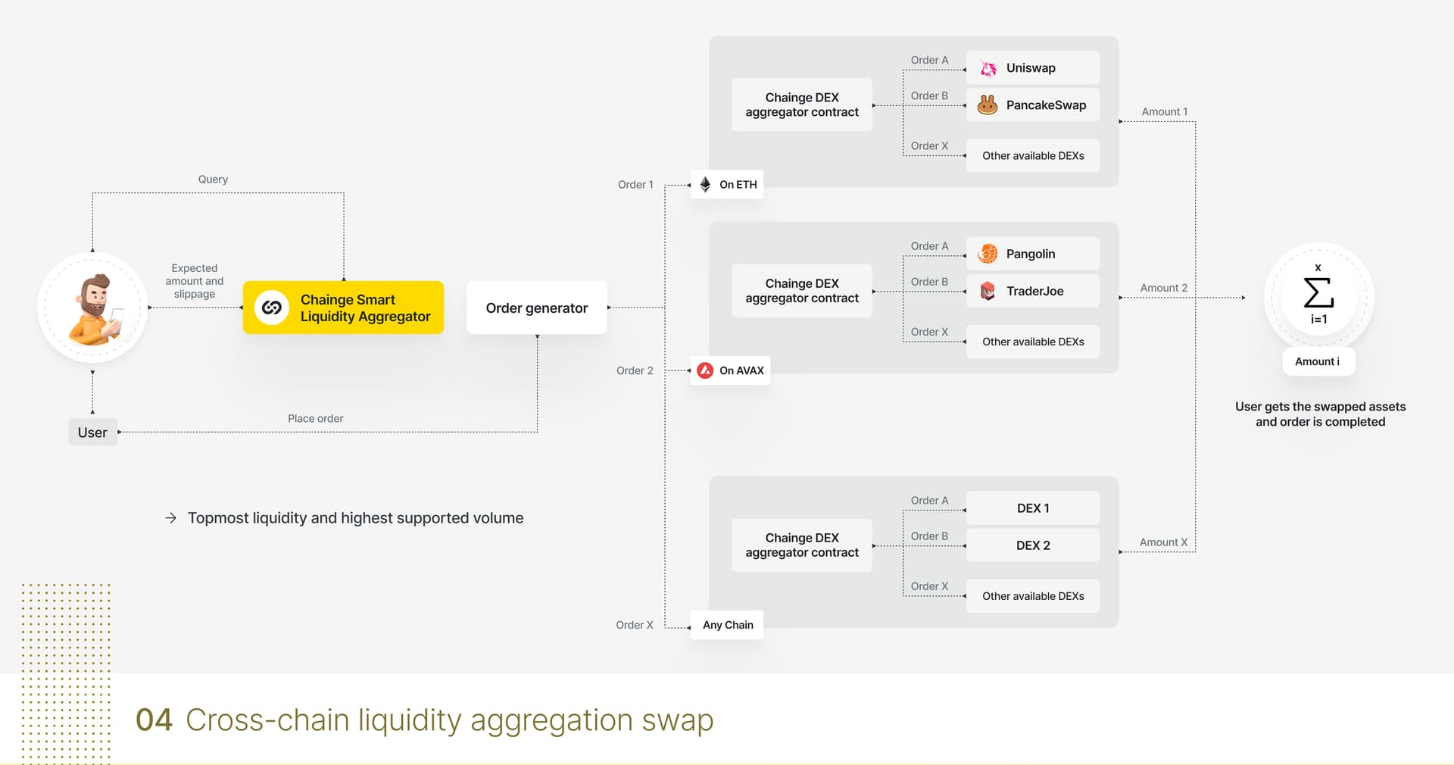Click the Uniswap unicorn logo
pos(988,68)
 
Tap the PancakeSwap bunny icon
pos(988,105)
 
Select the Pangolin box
pos(1033,254)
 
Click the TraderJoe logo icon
pos(988,291)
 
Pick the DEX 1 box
pos(1033,508)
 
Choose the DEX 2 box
pos(1033,545)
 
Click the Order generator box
pos(537,308)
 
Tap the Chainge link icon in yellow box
pos(272,308)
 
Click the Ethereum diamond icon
pos(705,184)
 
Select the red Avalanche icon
pos(705,370)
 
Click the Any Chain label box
pos(727,625)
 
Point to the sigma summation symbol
pos(1318,292)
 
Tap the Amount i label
pos(1318,361)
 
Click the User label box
pos(92,432)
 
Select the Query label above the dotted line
pos(213,180)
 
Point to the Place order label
pos(315,418)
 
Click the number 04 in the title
pos(154,720)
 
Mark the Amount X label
pos(1163,542)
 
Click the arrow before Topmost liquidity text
pos(171,518)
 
